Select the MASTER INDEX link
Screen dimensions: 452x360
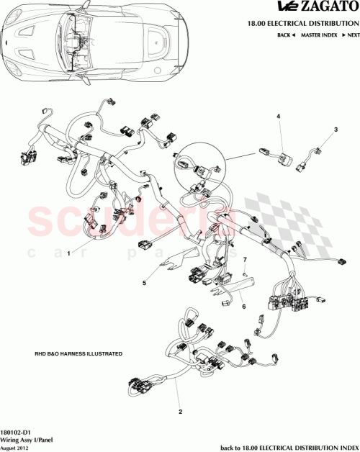click(x=320, y=35)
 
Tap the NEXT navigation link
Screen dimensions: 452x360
click(x=351, y=35)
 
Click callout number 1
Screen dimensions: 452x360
click(x=69, y=253)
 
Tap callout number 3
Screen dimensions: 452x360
click(x=335, y=130)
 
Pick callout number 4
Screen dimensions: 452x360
click(x=278, y=116)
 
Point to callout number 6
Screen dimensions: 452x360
click(x=243, y=306)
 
